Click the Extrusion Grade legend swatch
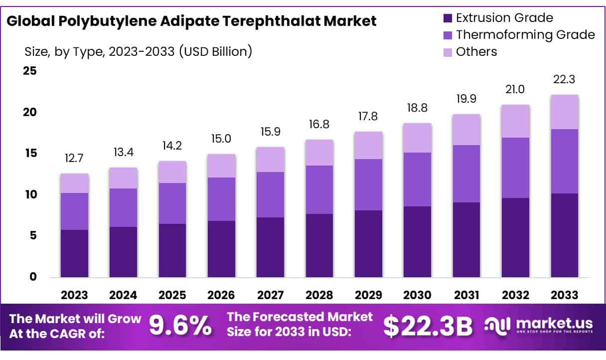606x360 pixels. (448, 18)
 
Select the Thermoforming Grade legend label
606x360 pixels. (525, 35)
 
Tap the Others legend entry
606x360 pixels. (476, 51)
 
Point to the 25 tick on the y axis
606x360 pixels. (30, 71)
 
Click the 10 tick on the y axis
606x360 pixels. (30, 194)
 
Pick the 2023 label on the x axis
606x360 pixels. (74, 295)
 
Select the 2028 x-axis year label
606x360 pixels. (319, 295)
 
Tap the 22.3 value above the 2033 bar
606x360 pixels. (564, 80)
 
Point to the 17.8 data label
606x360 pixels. (368, 117)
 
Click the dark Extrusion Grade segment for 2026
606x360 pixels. (221, 249)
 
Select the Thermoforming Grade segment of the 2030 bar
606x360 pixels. (417, 180)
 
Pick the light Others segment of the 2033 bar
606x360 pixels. (564, 112)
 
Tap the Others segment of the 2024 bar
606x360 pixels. (123, 178)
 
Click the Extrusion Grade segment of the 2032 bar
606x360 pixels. (515, 237)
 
